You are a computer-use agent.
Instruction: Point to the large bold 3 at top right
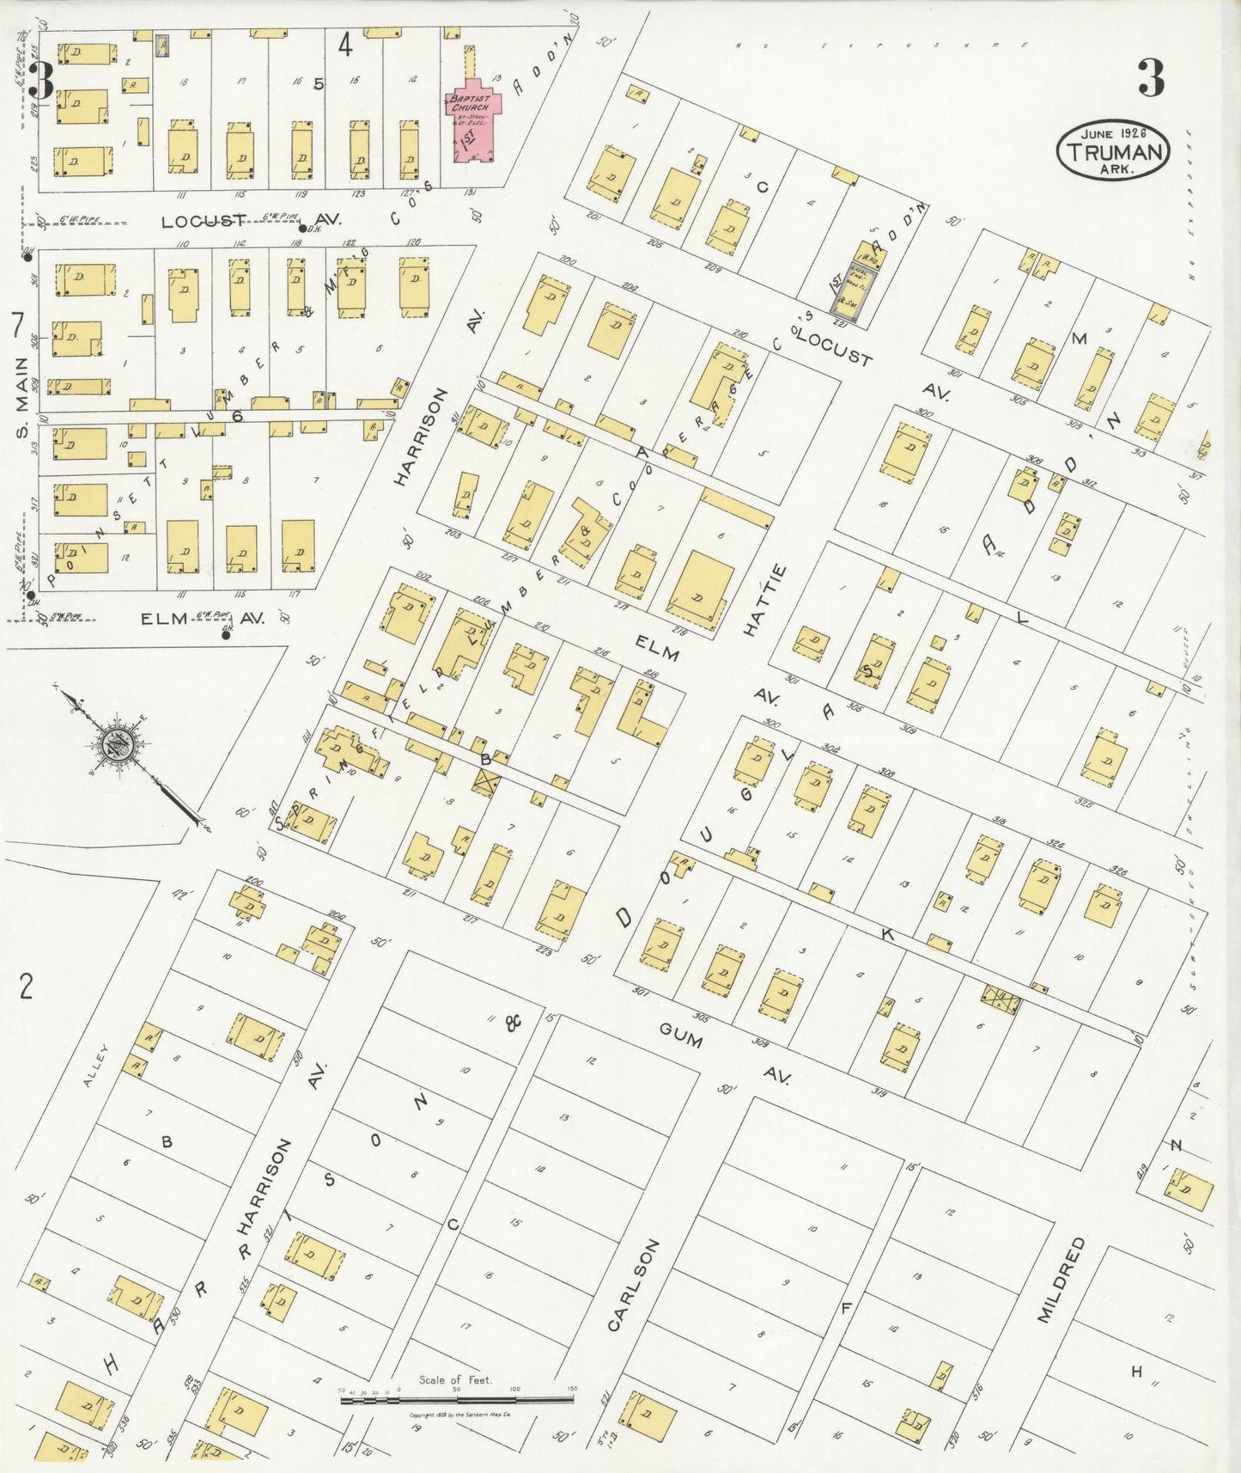pos(1151,78)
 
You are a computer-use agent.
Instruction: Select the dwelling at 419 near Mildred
pos(1189,1191)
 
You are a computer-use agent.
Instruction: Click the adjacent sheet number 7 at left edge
pos(16,326)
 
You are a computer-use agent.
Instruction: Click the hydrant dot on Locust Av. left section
pos(301,229)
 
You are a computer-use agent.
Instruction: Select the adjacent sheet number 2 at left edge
pos(27,987)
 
